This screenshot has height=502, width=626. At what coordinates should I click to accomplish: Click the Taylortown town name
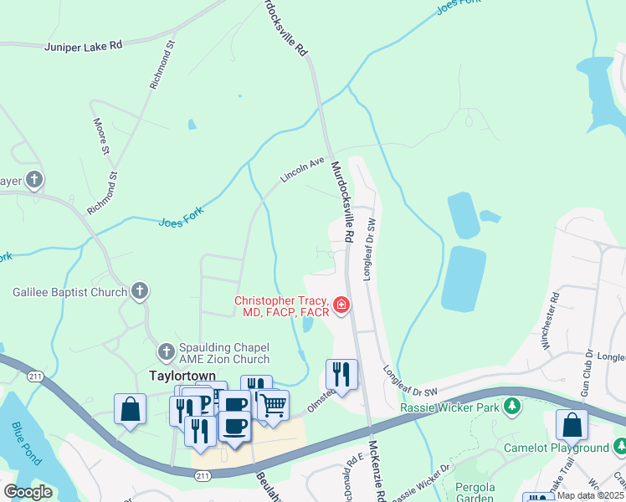[x=183, y=376]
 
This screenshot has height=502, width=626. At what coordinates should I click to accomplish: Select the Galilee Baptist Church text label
[x=69, y=292]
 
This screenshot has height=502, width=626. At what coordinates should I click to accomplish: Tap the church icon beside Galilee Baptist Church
[x=140, y=291]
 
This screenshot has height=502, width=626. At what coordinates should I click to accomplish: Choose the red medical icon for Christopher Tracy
[x=341, y=305]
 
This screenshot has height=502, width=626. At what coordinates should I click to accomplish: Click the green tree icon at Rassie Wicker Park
[x=511, y=407]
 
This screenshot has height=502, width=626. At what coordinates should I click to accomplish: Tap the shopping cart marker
[x=273, y=407]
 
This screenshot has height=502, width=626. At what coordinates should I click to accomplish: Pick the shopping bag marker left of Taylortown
[x=131, y=409]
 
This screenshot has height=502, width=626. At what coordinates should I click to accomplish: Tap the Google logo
[x=28, y=492]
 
